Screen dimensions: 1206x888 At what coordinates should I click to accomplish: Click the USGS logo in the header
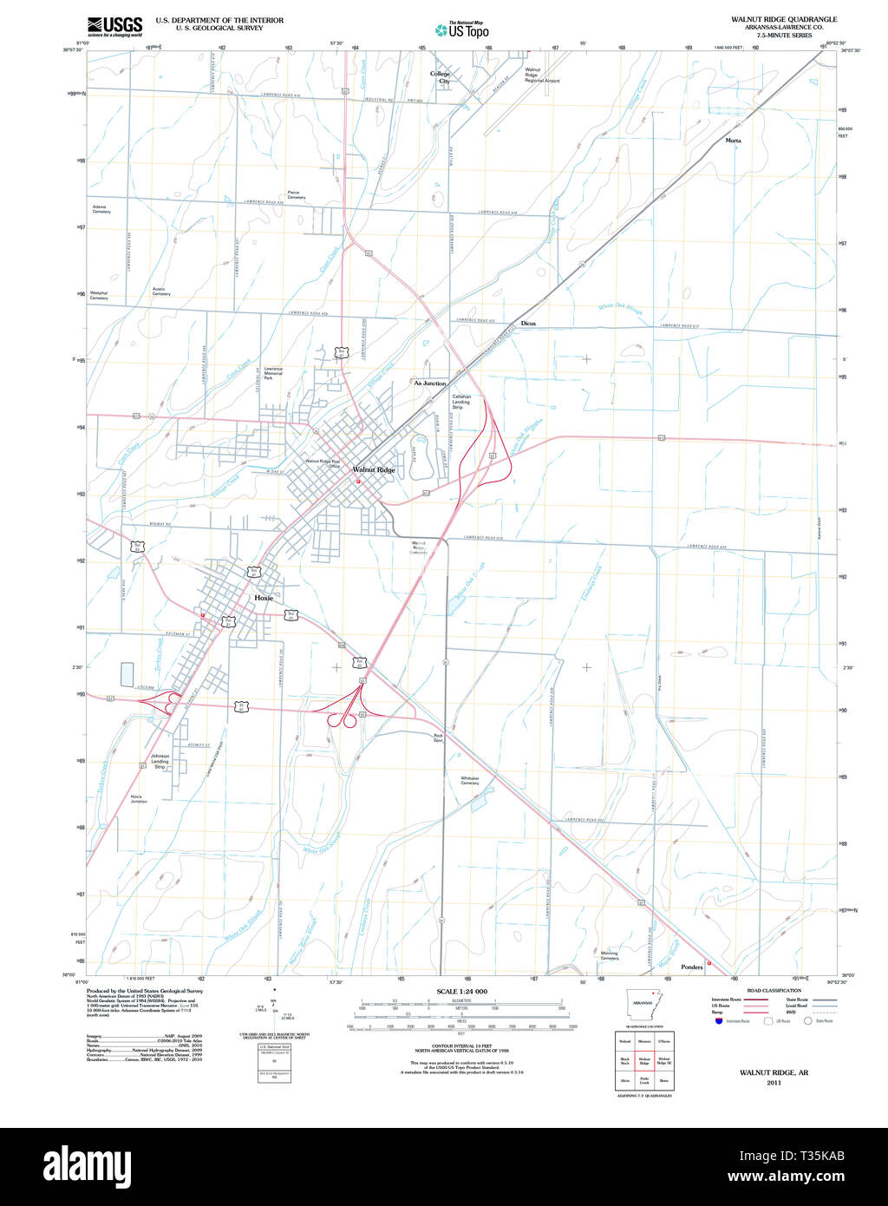pos(114,25)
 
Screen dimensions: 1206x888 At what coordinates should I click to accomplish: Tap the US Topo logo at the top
pos(462,29)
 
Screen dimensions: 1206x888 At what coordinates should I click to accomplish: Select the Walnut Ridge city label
pos(374,469)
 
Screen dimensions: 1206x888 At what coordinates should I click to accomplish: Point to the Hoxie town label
pos(264,598)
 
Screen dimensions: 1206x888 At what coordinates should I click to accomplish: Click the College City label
pos(441,77)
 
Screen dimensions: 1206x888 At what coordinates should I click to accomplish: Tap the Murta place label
pos(733,140)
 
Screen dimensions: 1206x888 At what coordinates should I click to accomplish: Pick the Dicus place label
pos(528,323)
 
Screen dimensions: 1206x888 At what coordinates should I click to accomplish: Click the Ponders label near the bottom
pos(691,967)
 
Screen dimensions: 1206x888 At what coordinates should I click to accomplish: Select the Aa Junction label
pos(430,383)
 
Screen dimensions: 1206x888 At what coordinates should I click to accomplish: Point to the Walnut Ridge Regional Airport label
pos(542,75)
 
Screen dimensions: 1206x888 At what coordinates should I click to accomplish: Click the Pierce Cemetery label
pos(297,195)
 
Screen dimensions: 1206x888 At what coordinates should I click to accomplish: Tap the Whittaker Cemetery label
pos(470,781)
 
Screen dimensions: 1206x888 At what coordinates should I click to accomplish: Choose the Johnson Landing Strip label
pos(160,762)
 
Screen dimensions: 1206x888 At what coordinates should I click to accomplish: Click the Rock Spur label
pos(438,737)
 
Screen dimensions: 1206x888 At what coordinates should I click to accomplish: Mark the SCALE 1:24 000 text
pos(461,991)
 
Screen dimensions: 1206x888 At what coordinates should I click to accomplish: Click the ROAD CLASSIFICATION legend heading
pos(774,990)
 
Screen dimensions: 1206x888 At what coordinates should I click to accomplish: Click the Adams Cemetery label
pos(101,209)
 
